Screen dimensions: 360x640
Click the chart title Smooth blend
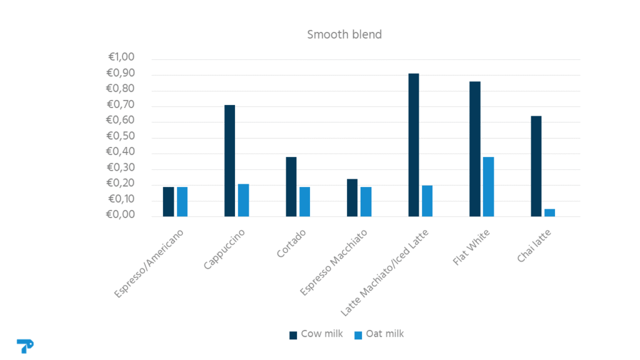pyautogui.click(x=344, y=34)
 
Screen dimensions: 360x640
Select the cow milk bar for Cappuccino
pyautogui.click(x=230, y=161)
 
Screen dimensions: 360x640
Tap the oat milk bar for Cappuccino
pyautogui.click(x=243, y=200)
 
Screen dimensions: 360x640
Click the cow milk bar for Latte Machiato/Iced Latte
pyautogui.click(x=414, y=145)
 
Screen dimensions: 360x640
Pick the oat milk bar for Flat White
pyautogui.click(x=488, y=186)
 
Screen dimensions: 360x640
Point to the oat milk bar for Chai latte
pyautogui.click(x=549, y=212)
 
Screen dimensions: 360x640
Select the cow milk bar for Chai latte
pyautogui.click(x=536, y=166)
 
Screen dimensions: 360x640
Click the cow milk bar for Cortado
pyautogui.click(x=291, y=186)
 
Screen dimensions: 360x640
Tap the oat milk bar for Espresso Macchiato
pyautogui.click(x=366, y=201)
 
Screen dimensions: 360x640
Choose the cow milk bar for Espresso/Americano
pyautogui.click(x=169, y=201)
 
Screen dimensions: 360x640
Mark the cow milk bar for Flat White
pyautogui.click(x=475, y=149)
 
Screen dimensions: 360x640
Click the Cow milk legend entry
pyautogui.click(x=316, y=334)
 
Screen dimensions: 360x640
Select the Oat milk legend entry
pyautogui.click(x=379, y=334)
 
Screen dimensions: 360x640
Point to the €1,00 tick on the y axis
pyautogui.click(x=121, y=57)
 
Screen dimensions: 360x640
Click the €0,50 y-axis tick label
pyautogui.click(x=121, y=136)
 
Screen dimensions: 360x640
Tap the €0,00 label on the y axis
pyautogui.click(x=121, y=215)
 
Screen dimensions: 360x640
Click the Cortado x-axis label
pyautogui.click(x=291, y=244)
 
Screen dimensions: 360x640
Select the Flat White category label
pyautogui.click(x=472, y=247)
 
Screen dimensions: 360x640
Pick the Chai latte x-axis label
pyautogui.click(x=534, y=246)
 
